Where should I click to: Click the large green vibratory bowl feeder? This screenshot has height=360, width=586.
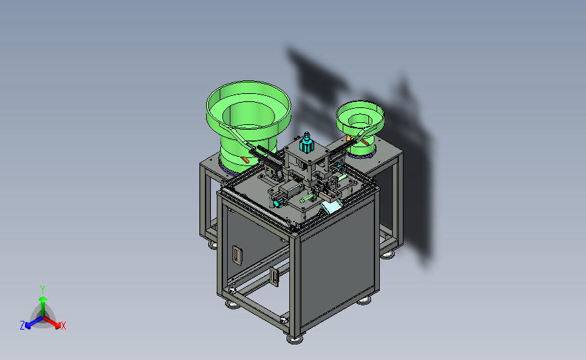pyautogui.click(x=248, y=123)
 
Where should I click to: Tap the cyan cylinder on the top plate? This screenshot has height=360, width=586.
pyautogui.click(x=306, y=143)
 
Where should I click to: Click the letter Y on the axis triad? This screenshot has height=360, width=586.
pyautogui.click(x=43, y=290)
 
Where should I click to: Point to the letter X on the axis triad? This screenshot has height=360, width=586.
pyautogui.click(x=63, y=326)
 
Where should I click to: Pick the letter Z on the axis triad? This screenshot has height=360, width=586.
pyautogui.click(x=22, y=326)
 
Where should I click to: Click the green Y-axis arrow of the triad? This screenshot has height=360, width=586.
pyautogui.click(x=43, y=307)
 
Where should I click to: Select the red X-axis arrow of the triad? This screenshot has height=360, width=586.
pyautogui.click(x=51, y=322)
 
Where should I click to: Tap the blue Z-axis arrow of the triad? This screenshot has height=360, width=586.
pyautogui.click(x=34, y=323)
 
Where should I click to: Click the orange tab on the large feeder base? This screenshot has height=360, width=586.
pyautogui.click(x=245, y=160)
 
